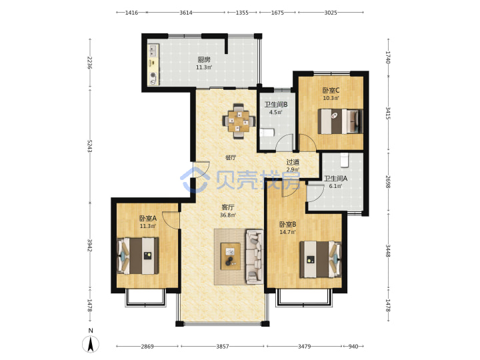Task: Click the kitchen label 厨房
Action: [204, 60]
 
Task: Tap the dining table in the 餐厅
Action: [239, 121]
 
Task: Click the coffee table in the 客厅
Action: [231, 256]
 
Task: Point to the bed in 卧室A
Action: [138, 255]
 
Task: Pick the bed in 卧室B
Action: [320, 259]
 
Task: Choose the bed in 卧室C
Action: [341, 121]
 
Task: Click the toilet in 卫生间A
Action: [345, 160]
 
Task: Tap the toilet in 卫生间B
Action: [267, 133]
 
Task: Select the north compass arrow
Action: [91, 345]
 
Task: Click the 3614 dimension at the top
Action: [186, 13]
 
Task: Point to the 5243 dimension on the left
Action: [90, 146]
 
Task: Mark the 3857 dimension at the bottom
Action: [223, 346]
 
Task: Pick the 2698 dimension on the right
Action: [388, 181]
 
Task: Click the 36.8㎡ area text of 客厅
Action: [228, 215]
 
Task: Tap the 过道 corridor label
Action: [293, 162]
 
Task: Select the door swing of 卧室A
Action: [170, 219]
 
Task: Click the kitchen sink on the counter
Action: [153, 51]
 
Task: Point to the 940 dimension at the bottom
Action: [353, 346]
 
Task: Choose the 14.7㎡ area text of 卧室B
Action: [288, 232]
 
